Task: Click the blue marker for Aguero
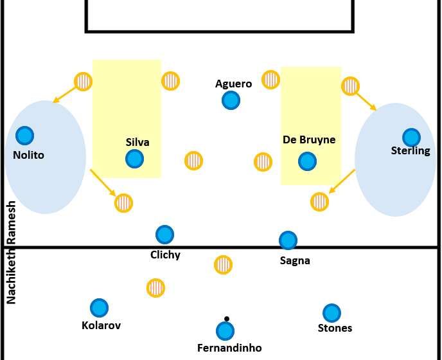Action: (231, 100)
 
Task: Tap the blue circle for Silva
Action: (134, 158)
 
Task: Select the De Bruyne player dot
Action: (307, 161)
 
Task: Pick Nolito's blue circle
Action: (24, 135)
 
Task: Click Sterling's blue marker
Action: (411, 137)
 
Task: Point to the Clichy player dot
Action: (164, 235)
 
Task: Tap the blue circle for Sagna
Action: (288, 240)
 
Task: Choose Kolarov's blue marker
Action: (99, 308)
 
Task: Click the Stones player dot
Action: (331, 313)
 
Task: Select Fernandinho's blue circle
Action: (225, 331)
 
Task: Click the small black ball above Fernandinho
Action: (227, 318)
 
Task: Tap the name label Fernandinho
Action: (229, 348)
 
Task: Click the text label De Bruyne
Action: (309, 139)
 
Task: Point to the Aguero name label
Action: (233, 84)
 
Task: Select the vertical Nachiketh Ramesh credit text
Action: (11, 253)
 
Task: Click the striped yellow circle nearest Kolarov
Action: (155, 287)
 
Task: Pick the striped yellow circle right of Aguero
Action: (270, 80)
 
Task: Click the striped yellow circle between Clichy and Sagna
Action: (223, 264)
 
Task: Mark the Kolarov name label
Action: (102, 325)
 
